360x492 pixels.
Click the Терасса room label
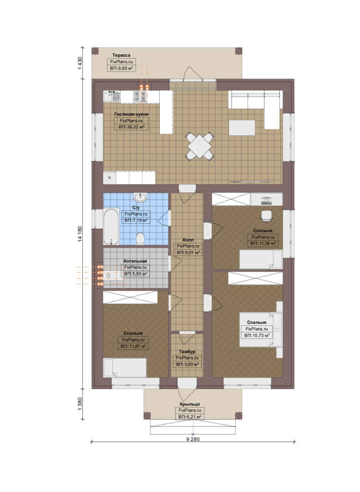point(122,55)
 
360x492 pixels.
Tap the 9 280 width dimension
point(193,439)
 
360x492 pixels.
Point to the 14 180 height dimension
point(80,234)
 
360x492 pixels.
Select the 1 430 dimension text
point(80,63)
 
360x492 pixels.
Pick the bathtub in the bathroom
point(112,226)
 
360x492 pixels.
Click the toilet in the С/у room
point(140,238)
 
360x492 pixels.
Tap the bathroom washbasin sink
point(140,197)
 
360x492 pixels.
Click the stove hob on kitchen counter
point(140,97)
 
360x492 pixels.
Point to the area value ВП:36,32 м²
point(132,127)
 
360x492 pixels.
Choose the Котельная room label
point(135,261)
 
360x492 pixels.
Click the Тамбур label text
point(187,352)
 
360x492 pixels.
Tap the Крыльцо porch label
point(190,404)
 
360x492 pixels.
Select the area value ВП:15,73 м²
point(257,335)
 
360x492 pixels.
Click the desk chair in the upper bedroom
point(267,215)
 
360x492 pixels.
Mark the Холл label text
point(188,240)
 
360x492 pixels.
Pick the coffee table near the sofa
point(242,128)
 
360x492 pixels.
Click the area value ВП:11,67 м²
point(133,346)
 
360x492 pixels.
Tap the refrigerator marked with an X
point(109,178)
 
